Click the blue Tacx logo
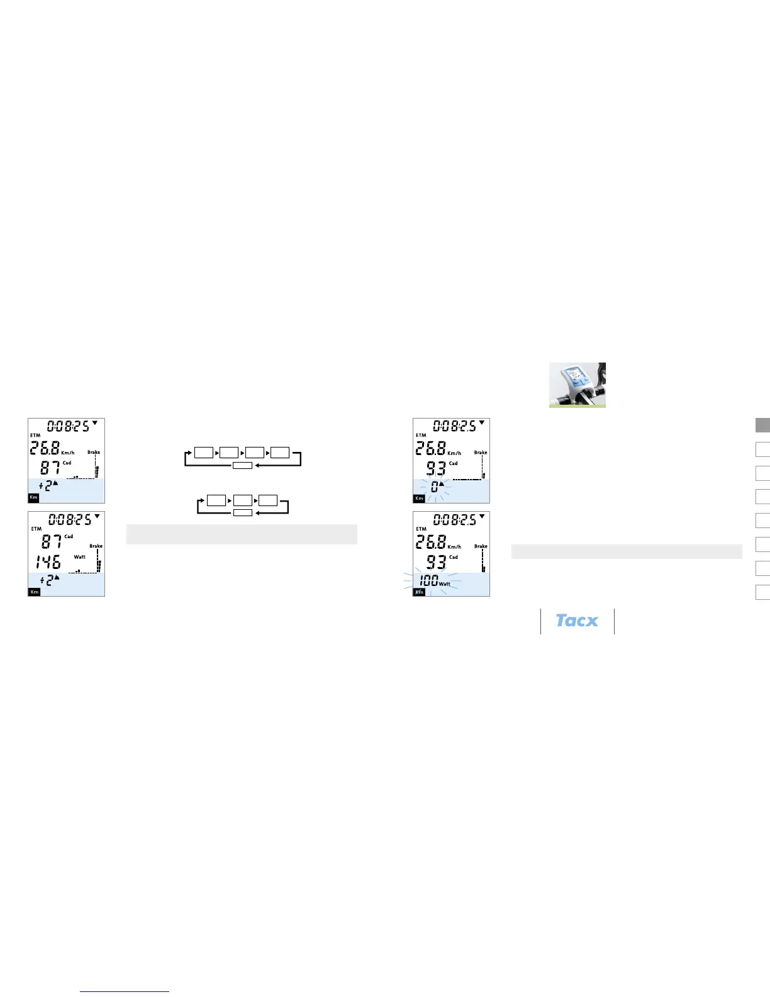[577, 621]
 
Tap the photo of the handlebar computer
[577, 385]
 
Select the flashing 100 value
[429, 580]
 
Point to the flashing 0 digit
[435, 487]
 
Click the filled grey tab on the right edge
[762, 425]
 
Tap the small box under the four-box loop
[242, 465]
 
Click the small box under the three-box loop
[242, 513]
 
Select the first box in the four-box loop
[203, 452]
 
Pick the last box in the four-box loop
[280, 452]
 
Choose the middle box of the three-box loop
[242, 500]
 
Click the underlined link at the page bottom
[125, 991]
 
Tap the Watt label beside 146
[80, 557]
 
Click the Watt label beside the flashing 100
[445, 584]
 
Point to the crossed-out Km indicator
[419, 592]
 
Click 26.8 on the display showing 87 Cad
[45, 448]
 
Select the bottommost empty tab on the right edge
[762, 592]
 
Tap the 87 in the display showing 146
[52, 541]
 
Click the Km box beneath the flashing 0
[419, 498]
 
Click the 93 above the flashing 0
[436, 468]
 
